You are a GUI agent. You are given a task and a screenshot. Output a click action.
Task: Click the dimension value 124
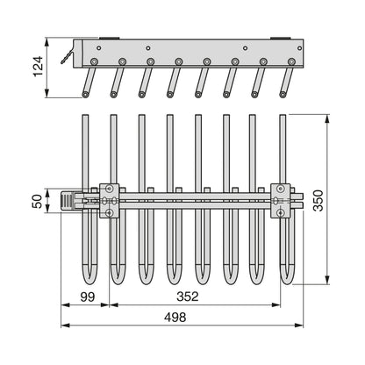pos(39,66)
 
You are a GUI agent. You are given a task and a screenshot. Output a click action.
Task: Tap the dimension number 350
pos(318,200)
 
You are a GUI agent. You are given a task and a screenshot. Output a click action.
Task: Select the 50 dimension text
pos(38,201)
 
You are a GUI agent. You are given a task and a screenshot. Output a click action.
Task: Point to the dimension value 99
pos(88,297)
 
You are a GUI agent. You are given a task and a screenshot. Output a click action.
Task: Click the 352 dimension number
pos(188,297)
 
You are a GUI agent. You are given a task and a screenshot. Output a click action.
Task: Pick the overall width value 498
pos(175,317)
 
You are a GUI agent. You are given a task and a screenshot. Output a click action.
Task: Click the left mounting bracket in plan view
pos(110,201)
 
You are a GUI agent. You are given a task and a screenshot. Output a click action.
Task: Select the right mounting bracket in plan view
pos(280,201)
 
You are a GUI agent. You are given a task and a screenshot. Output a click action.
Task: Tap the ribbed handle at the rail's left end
pos(67,200)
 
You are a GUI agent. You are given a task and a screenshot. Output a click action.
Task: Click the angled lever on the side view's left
pos(68,56)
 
